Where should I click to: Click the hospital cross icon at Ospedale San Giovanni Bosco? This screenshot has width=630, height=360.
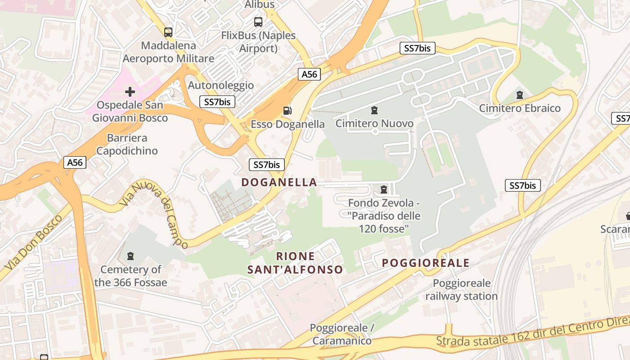pos(130,92)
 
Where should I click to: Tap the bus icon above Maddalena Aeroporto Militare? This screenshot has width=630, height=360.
pos(168,32)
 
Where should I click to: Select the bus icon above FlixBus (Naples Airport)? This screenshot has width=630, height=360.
pos(258,22)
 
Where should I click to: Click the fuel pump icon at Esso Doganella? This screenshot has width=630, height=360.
pos(287,111)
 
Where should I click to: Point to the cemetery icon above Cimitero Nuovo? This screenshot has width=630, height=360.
pos(374,110)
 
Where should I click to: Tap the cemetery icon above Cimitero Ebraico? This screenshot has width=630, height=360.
pos(520,95)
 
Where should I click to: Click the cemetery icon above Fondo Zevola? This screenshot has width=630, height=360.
pos(384,189)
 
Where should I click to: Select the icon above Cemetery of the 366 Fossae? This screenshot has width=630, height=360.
pos(130,256)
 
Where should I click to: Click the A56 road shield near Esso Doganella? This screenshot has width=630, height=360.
pos(309,74)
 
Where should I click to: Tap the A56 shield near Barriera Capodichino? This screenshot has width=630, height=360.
pos(75,162)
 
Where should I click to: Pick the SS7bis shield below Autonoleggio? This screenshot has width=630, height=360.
pos(217,102)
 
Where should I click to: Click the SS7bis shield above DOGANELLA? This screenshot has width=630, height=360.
pos(267,165)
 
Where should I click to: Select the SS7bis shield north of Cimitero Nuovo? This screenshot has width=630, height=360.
pos(418,48)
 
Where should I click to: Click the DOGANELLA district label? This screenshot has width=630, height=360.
pos(279,182)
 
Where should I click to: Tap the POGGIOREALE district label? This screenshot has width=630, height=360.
pos(426,263)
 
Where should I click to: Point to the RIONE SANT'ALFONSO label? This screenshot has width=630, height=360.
pos(295,263)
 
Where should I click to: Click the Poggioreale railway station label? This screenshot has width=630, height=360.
pos(462,290)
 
